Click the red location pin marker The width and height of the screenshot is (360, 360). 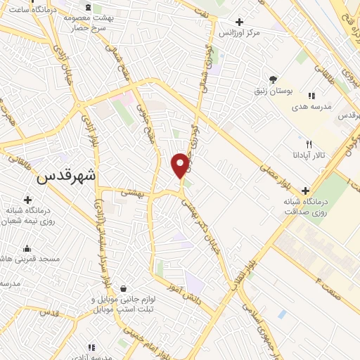click(x=180, y=165)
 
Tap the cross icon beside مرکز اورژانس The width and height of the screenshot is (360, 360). click(x=240, y=22)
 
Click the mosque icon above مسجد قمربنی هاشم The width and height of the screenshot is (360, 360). click(x=27, y=248)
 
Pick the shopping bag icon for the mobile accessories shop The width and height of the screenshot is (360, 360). click(x=124, y=288)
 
